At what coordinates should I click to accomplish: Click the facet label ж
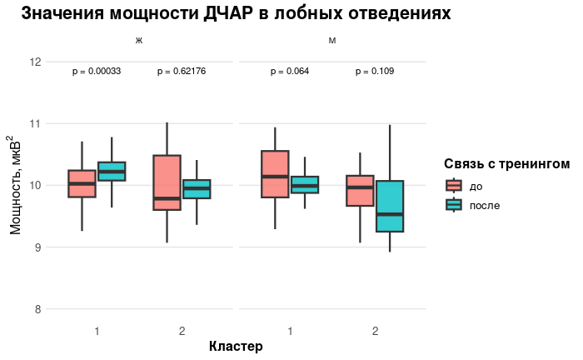139,41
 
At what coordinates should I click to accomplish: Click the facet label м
332,41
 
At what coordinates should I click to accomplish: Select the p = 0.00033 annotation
97,72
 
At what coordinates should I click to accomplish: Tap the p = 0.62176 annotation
182,72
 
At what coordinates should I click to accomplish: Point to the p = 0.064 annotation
290,72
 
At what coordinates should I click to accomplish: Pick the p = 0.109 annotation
375,72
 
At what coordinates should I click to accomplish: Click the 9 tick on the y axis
37,247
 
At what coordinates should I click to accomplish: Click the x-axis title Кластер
236,346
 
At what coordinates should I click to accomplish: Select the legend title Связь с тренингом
506,164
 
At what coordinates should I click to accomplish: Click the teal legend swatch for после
454,205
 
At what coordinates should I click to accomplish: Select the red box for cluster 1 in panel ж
82,183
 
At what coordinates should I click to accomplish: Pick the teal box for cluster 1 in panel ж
112,171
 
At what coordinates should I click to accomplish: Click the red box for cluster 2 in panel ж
167,182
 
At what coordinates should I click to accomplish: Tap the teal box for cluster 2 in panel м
390,206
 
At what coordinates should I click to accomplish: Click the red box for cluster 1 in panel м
275,174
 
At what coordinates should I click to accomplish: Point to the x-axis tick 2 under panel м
375,332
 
